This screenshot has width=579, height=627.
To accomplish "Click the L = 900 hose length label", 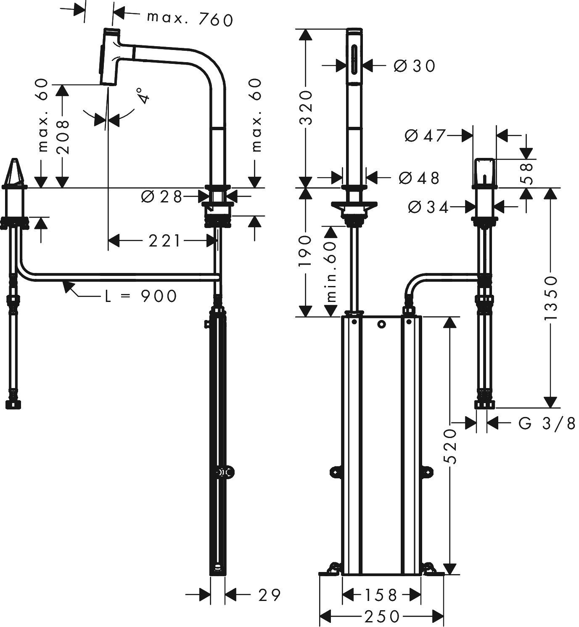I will [x=140, y=296].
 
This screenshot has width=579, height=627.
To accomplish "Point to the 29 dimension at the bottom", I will [x=269, y=595].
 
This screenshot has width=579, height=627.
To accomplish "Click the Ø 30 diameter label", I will [x=414, y=66].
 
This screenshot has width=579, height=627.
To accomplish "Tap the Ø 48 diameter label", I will [x=418, y=178].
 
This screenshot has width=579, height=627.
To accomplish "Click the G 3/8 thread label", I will [x=546, y=424].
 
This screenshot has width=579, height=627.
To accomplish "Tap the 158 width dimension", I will [x=381, y=595].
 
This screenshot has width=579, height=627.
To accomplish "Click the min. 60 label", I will [x=332, y=272].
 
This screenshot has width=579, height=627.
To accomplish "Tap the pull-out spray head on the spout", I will [x=110, y=56].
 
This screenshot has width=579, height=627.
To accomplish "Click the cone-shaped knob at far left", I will [x=14, y=173].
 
